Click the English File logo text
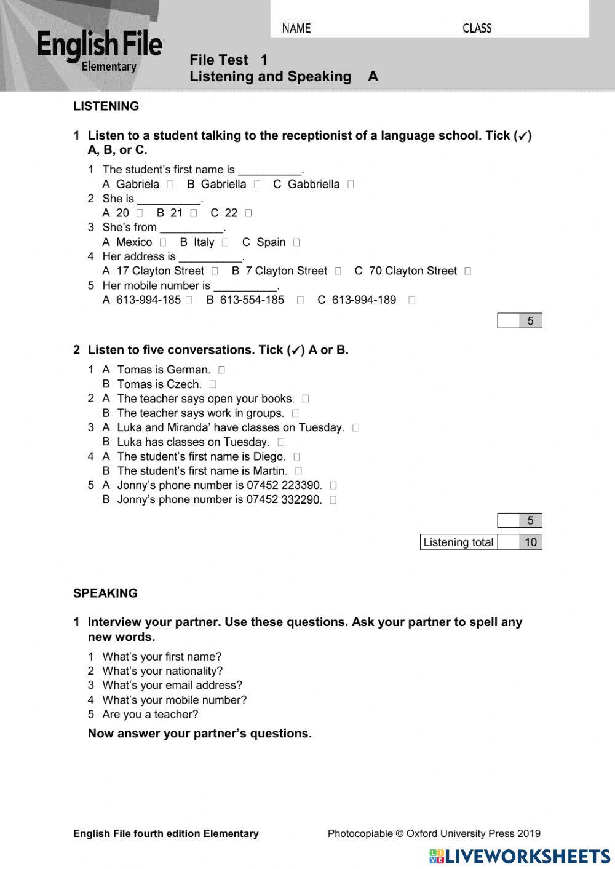tap(99, 47)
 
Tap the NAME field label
tap(296, 28)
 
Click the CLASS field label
tap(477, 28)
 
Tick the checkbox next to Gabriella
tap(257, 185)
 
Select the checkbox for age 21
tap(194, 213)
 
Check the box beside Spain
tap(296, 242)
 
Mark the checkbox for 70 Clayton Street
tap(468, 271)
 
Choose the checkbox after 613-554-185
tap(300, 300)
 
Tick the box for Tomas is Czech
tap(213, 384)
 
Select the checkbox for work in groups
tap(296, 413)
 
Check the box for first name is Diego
tap(297, 457)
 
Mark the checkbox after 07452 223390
tap(333, 485)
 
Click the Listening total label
tap(458, 542)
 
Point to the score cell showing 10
tap(531, 542)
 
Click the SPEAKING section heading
tap(105, 593)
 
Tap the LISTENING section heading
tap(106, 106)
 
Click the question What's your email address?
tap(172, 685)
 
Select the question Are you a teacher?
tap(150, 714)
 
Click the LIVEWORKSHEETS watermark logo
tap(520, 856)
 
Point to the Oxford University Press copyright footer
tap(434, 834)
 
